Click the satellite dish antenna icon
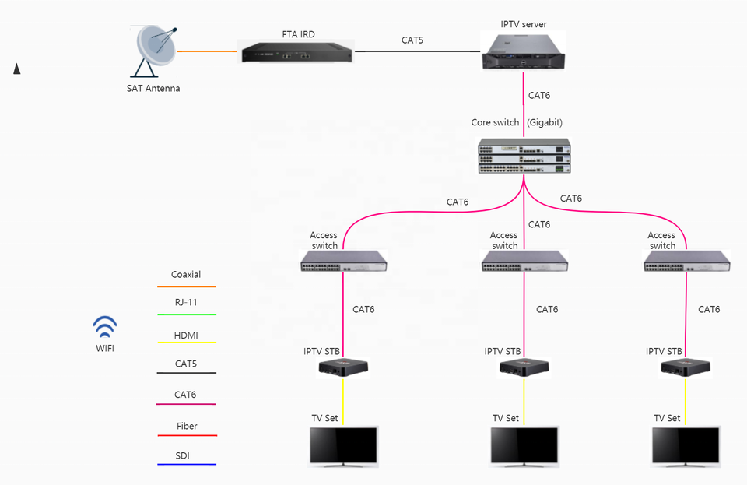(156, 51)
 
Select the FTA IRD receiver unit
(296, 52)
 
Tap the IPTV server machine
(524, 51)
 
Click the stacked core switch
(524, 156)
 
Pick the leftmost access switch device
(343, 262)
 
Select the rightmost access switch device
(687, 262)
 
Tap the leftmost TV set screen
(343, 446)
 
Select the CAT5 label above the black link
(412, 40)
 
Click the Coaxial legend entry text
(186, 275)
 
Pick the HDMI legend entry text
(186, 336)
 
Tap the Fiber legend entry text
(186, 427)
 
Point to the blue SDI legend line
(186, 465)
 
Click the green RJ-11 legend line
(186, 315)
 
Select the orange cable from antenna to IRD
(207, 51)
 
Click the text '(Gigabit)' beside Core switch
(545, 123)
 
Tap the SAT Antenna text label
(153, 89)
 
